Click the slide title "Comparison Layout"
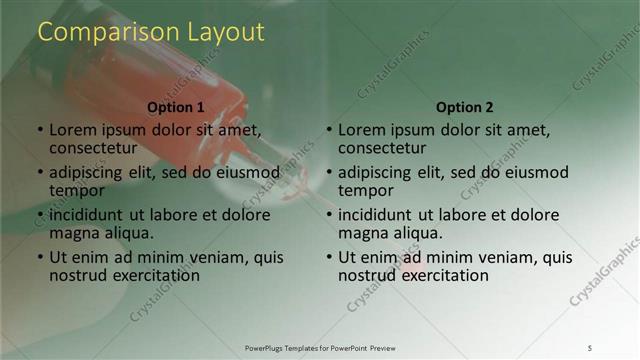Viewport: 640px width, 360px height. point(151,32)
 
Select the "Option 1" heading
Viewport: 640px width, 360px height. point(176,107)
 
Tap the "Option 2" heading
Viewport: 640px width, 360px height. point(465,107)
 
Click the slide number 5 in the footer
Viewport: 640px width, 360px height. point(589,347)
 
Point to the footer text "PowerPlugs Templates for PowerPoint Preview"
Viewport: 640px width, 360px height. point(320,347)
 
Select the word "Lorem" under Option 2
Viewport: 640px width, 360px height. point(361,130)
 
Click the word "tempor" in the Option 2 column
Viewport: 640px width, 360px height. point(366,190)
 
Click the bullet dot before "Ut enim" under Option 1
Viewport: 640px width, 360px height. point(40,258)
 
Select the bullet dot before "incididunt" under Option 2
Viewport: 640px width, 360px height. point(329,216)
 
